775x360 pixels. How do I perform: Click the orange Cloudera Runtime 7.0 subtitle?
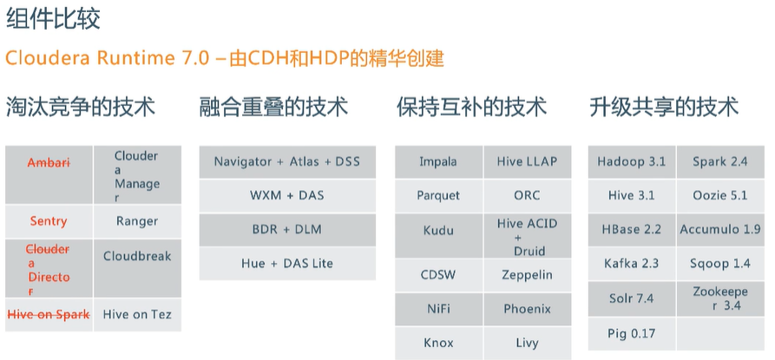pyautogui.click(x=225, y=59)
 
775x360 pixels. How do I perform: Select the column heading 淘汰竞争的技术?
pyautogui.click(x=81, y=108)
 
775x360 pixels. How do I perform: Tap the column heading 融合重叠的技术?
pyautogui.click(x=273, y=108)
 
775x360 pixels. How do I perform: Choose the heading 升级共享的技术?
pyautogui.click(x=664, y=108)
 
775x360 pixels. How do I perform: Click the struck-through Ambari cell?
pyautogui.click(x=49, y=163)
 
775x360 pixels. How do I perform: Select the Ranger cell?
pyautogui.click(x=137, y=221)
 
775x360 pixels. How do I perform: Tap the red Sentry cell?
pyautogui.click(x=49, y=221)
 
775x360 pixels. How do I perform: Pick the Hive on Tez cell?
pyautogui.click(x=137, y=315)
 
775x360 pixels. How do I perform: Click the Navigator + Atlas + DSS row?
pyautogui.click(x=286, y=162)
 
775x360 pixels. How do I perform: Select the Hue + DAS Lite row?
pyautogui.click(x=286, y=264)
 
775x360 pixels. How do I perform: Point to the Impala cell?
pyautogui.click(x=438, y=162)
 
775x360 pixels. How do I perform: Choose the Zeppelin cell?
pyautogui.click(x=527, y=275)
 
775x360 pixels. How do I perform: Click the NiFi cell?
pyautogui.click(x=438, y=309)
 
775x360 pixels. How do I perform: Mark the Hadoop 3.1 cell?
pyautogui.click(x=632, y=162)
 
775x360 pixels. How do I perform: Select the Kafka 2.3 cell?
pyautogui.click(x=632, y=264)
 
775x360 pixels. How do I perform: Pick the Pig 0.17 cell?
pyautogui.click(x=632, y=333)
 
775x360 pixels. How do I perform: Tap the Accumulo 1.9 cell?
pyautogui.click(x=720, y=230)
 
